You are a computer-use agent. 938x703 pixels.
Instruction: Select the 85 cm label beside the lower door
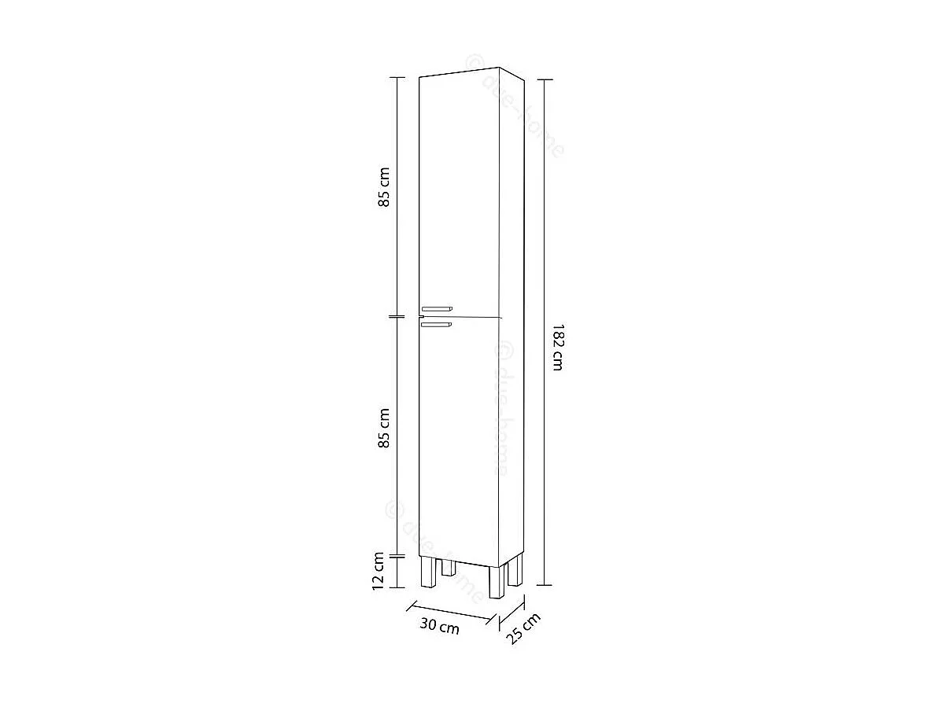[x=384, y=429]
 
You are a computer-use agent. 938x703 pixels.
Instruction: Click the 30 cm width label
[x=439, y=627]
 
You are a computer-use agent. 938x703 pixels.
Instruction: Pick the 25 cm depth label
[x=523, y=629]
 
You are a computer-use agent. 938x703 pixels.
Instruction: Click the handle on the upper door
[x=437, y=308]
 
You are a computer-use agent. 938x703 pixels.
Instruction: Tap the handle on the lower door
[x=436, y=323]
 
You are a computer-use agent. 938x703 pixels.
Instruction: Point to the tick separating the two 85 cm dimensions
[x=398, y=317]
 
